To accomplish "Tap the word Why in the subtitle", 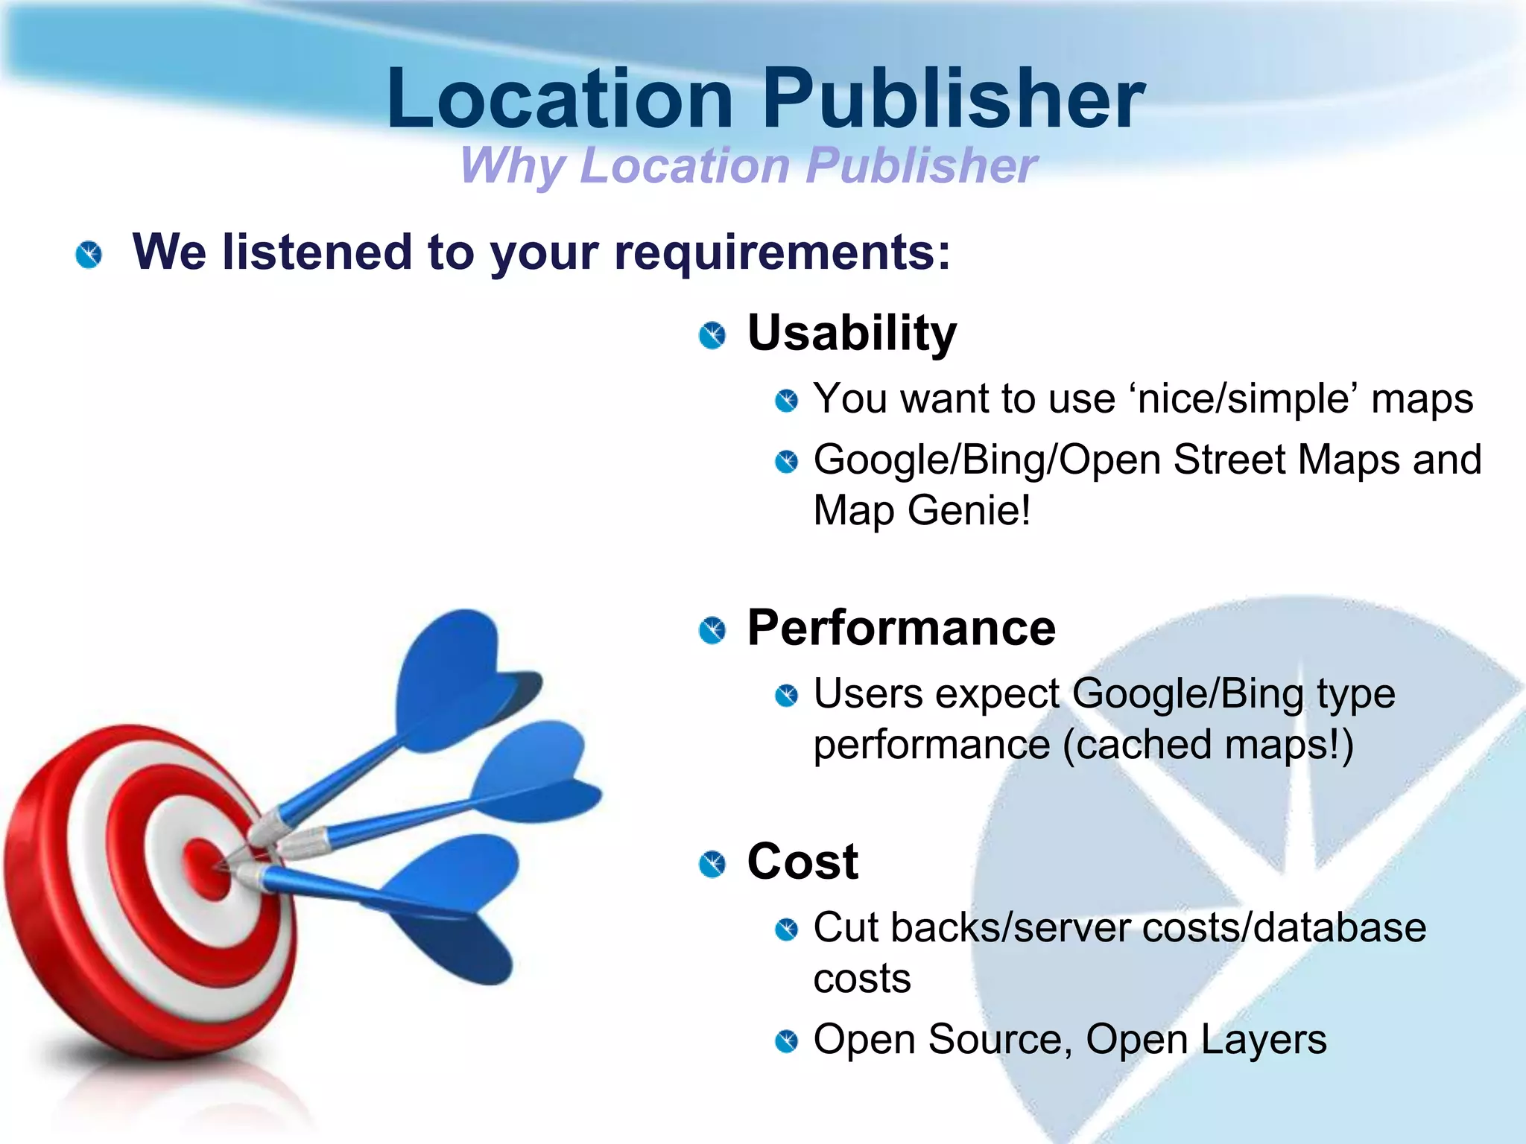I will pyautogui.click(x=513, y=165).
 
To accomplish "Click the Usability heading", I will pyautogui.click(x=852, y=333).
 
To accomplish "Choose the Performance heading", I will pyautogui.click(x=901, y=628).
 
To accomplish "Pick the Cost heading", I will pyautogui.click(x=802, y=862).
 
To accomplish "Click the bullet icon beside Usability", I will pyautogui.click(x=712, y=335).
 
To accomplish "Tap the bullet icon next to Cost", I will pyautogui.click(x=712, y=864).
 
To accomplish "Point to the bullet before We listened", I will pyautogui.click(x=89, y=255).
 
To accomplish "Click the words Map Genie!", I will pyautogui.click(x=922, y=511).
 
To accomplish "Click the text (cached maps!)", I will pyautogui.click(x=1208, y=745).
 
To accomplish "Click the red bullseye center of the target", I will pyautogui.click(x=205, y=868).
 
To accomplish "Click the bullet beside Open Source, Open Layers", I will pyautogui.click(x=786, y=1040).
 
